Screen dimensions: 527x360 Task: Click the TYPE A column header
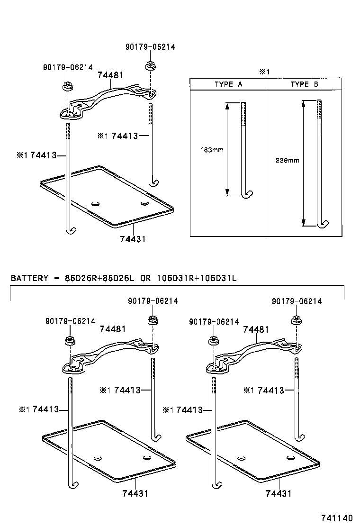click(228, 84)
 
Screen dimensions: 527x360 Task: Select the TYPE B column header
click(304, 84)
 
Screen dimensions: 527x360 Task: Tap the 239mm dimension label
click(287, 160)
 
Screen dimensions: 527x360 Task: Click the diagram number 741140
click(337, 518)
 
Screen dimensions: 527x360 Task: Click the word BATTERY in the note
click(29, 277)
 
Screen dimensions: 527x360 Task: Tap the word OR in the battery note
click(145, 277)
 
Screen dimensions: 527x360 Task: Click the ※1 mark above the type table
click(264, 72)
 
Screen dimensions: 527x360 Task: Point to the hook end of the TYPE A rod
click(248, 195)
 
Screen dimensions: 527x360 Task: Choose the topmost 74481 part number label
click(110, 75)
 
